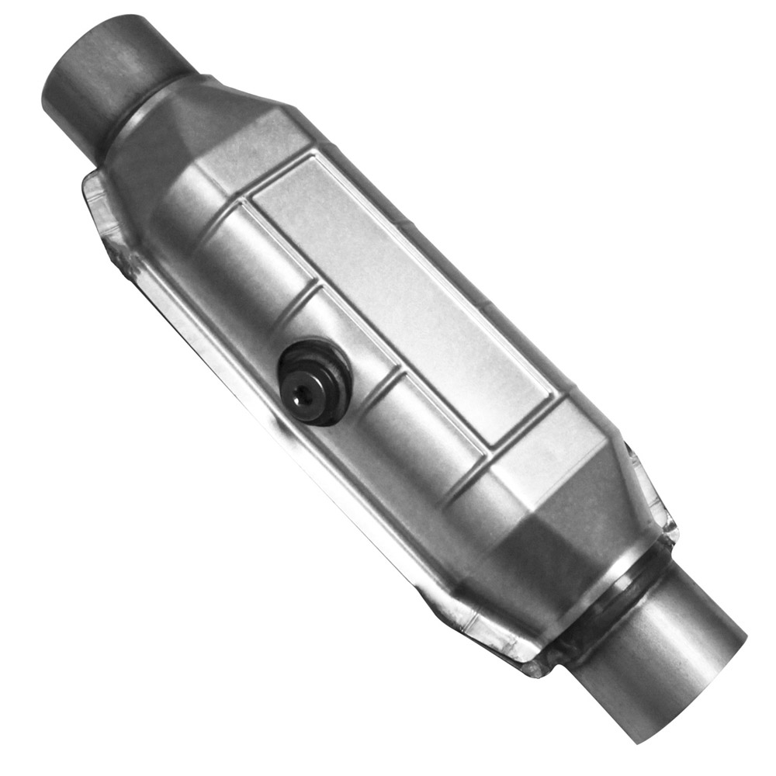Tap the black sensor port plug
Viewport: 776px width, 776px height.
(x=314, y=380)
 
